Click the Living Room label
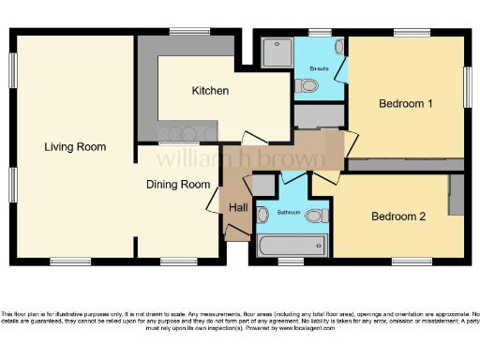coord(74,147)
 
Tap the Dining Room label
coord(177,185)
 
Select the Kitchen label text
coord(210,91)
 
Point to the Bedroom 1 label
coord(405,103)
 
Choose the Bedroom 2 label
coord(398,217)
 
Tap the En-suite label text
coord(318,68)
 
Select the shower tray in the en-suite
coord(277,52)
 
